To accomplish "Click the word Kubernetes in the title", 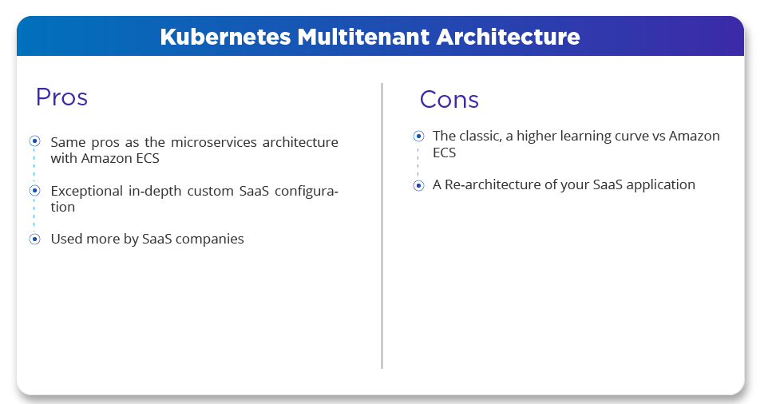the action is (x=225, y=37).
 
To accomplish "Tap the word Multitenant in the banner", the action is (x=364, y=37).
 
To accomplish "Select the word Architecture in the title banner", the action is (x=508, y=37).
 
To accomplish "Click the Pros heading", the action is (x=61, y=97).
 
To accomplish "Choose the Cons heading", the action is (x=449, y=100).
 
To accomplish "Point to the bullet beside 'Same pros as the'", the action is (x=34, y=141).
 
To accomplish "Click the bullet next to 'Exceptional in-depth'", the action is (x=34, y=190).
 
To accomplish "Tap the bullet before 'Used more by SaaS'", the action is (x=34, y=239).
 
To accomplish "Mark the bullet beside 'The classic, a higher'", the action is (x=418, y=136).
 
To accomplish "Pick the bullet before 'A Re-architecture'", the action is (x=418, y=185).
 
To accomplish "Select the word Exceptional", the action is (x=87, y=191).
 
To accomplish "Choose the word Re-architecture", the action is (x=493, y=184).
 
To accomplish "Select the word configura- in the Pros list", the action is (x=307, y=191).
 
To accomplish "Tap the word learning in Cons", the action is (x=586, y=136).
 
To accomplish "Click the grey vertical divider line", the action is (x=382, y=226).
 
